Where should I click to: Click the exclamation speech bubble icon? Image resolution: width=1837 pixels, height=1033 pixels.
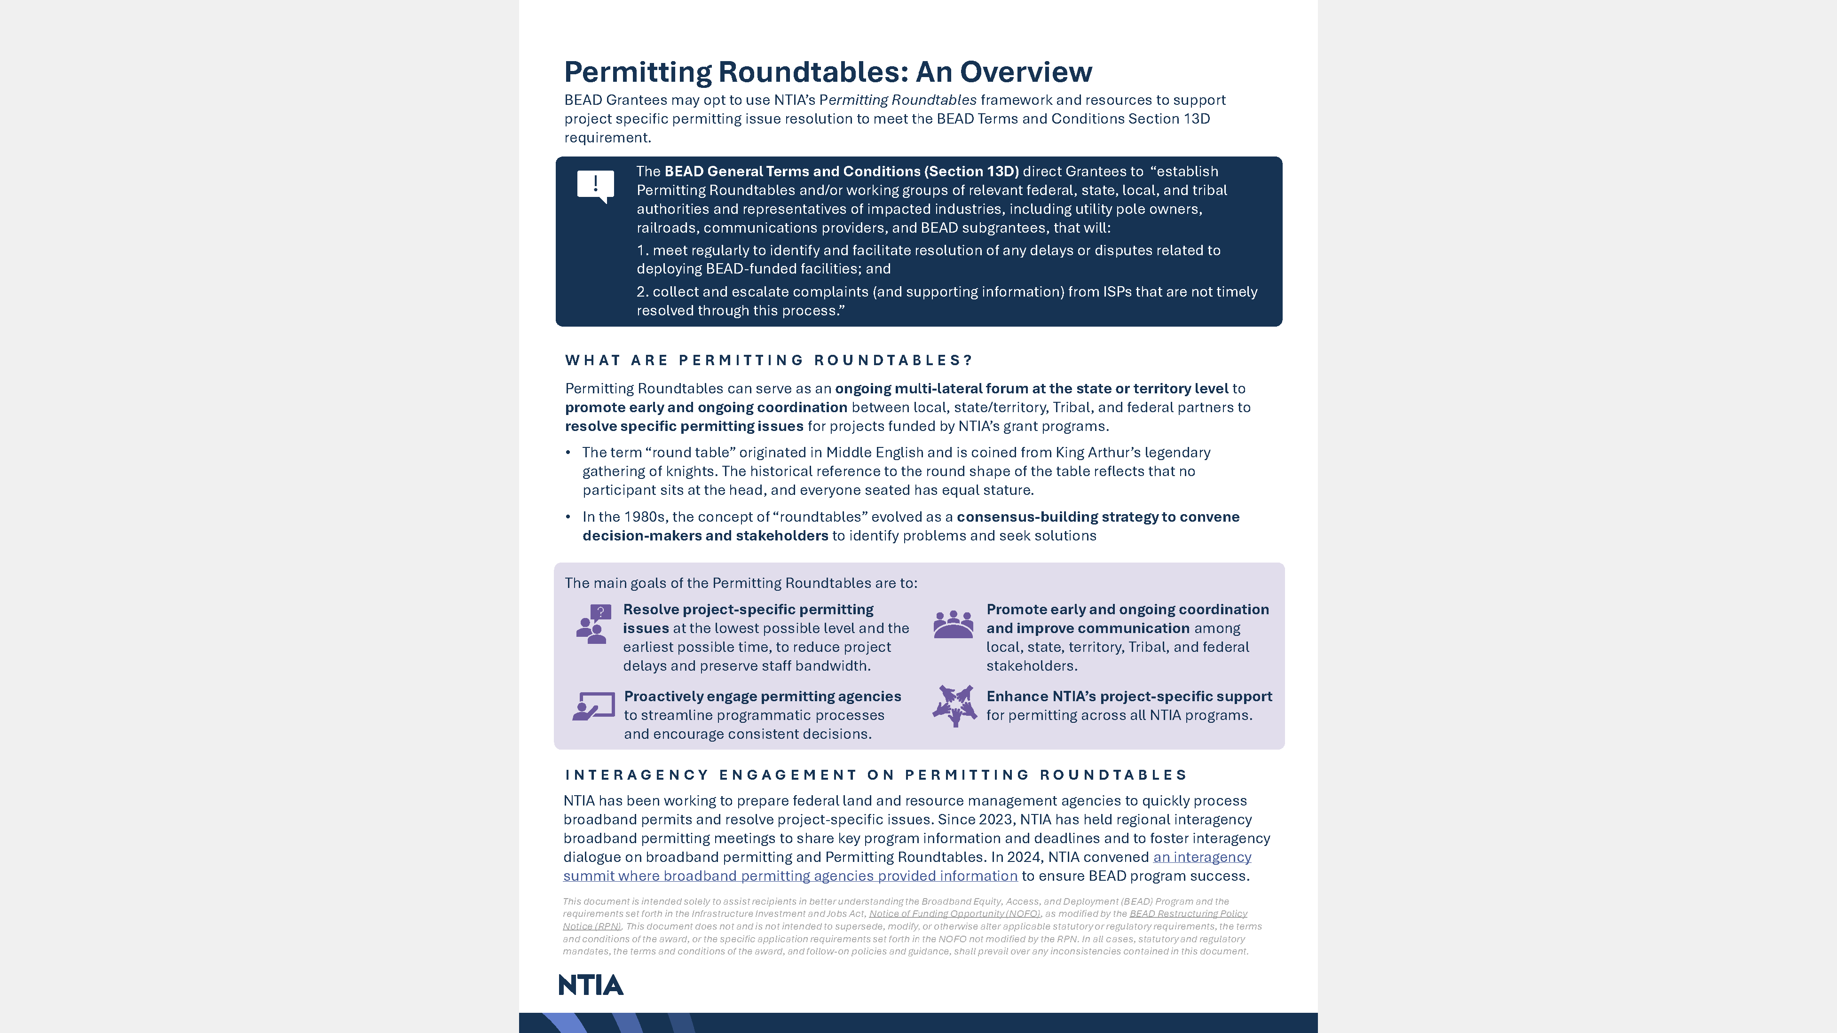pyautogui.click(x=595, y=186)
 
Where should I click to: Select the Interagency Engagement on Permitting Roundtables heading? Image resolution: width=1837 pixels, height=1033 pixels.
pyautogui.click(x=875, y=775)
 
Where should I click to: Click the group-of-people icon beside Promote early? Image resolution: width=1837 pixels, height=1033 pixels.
pyautogui.click(x=953, y=625)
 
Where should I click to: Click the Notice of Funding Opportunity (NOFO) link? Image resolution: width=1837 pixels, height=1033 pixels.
pyautogui.click(x=954, y=914)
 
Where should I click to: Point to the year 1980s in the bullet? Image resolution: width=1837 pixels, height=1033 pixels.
pyautogui.click(x=645, y=517)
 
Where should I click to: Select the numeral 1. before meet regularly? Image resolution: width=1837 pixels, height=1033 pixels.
pyautogui.click(x=642, y=250)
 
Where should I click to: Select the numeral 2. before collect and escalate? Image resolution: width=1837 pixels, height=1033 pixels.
pyautogui.click(x=642, y=291)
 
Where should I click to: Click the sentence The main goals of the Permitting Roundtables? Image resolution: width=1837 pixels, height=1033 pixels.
pyautogui.click(x=740, y=583)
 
